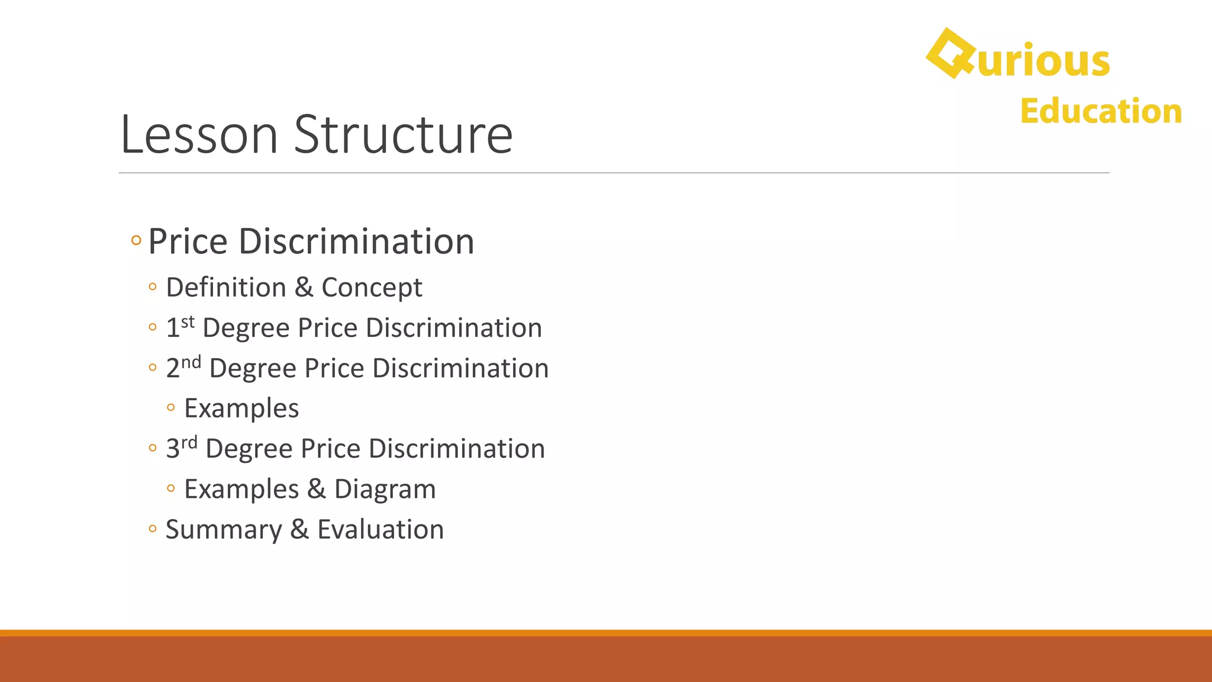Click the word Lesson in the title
[x=199, y=135]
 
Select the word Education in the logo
[x=1101, y=111]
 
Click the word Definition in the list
[x=226, y=288]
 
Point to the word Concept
[x=372, y=288]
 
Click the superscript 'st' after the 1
[x=188, y=322]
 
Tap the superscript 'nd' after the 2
[x=191, y=362]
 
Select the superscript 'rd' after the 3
[x=189, y=443]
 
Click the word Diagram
[x=385, y=490]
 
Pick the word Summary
[x=223, y=530]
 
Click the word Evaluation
[x=381, y=530]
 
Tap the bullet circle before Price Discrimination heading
[x=136, y=241]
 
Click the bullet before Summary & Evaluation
[x=153, y=529]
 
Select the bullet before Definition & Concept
[x=153, y=287]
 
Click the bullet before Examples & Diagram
[x=171, y=488]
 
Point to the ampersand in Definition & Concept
[x=304, y=288]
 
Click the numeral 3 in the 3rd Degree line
[x=172, y=449]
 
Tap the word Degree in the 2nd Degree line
[x=253, y=369]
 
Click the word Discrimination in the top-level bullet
[x=356, y=242]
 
